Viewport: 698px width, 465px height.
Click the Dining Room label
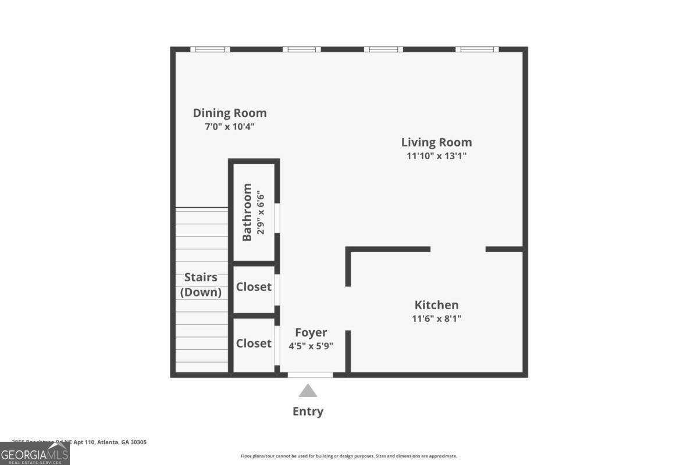(230, 113)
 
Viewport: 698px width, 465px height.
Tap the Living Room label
(436, 142)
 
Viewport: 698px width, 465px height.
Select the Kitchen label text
(436, 305)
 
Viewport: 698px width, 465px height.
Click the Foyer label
(311, 332)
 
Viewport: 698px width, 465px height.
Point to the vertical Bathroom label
(247, 212)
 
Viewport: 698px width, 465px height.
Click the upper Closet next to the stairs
(254, 287)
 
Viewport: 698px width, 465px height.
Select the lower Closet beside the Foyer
(254, 343)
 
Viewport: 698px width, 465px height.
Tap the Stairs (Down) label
(201, 285)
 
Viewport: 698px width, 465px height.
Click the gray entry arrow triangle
(308, 391)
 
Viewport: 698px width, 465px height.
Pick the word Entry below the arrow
(308, 412)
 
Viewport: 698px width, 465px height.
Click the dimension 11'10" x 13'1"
(436, 156)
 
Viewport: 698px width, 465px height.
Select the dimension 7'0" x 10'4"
(230, 126)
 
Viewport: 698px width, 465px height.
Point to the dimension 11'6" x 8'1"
(436, 318)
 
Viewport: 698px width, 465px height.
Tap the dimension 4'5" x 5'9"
(311, 345)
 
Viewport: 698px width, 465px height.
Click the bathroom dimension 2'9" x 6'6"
(261, 212)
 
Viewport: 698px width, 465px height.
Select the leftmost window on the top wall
(210, 49)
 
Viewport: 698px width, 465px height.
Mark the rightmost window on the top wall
(476, 49)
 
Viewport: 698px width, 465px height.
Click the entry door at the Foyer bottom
(311, 375)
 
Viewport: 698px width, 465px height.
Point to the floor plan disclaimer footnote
(349, 456)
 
